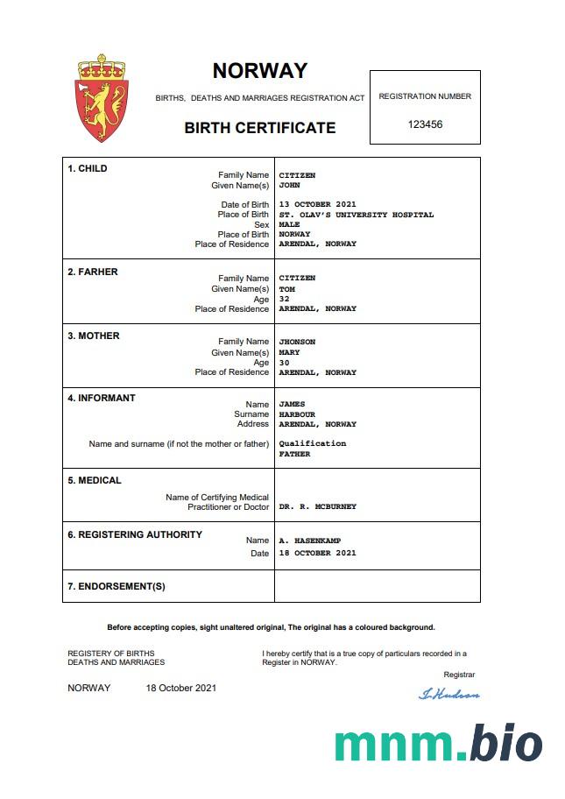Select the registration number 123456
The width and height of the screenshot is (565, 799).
(425, 124)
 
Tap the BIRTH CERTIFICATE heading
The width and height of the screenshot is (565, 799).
(259, 128)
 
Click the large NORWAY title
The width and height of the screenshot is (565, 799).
(260, 71)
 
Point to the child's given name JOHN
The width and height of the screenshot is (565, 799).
(289, 186)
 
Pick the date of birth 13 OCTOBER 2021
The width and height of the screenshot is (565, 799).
(317, 205)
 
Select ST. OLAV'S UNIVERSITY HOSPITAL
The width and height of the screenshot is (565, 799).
(356, 215)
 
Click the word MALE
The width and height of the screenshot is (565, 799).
(289, 224)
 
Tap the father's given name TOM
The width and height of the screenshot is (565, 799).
(286, 288)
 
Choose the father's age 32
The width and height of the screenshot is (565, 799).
(284, 299)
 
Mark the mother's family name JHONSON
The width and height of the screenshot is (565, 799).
(297, 342)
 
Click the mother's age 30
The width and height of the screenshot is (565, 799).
(284, 363)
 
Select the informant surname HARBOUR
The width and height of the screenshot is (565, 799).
(297, 414)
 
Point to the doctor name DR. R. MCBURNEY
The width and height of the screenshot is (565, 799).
(317, 507)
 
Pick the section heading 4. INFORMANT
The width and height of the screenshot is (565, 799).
(102, 398)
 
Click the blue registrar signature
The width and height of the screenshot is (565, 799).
(449, 694)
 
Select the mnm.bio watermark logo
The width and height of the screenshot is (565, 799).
(438, 743)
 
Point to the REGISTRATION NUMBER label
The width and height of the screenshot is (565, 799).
(425, 96)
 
